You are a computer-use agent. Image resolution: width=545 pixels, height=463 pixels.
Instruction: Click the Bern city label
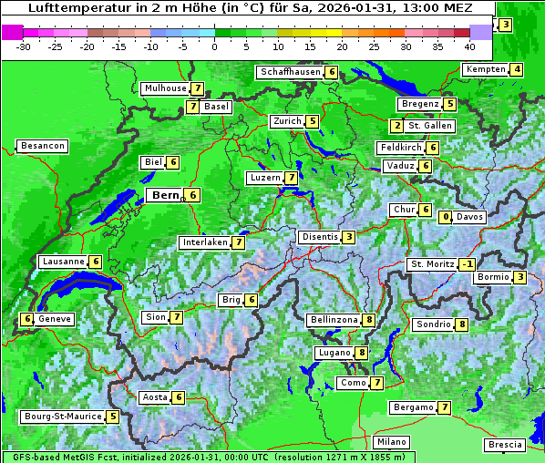coord(165,195)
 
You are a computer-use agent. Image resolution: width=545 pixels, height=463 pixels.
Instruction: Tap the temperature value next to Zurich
coord(313,121)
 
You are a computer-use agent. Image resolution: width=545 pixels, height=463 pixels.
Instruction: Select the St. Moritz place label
coord(430,264)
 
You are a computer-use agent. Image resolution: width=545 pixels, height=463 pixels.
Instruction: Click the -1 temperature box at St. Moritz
coord(468,264)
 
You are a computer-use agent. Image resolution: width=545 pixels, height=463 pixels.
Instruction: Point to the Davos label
coord(469,217)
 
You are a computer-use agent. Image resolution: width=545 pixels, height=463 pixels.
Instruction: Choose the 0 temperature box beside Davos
coord(446,217)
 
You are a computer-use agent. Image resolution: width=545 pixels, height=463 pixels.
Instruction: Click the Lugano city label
coord(334,353)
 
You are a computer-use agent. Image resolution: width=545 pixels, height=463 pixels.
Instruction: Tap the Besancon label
coord(43,146)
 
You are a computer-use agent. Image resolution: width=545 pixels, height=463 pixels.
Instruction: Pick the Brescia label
coord(506,444)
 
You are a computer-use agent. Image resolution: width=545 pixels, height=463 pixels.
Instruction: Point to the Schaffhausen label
coord(290,72)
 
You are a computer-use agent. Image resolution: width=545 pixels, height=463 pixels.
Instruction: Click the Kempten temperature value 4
coord(517,70)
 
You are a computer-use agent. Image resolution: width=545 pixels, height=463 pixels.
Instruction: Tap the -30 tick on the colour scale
coord(25,46)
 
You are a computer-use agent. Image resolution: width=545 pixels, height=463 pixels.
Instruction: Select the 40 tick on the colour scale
coord(469,46)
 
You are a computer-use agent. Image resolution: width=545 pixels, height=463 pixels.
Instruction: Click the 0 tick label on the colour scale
coord(214,46)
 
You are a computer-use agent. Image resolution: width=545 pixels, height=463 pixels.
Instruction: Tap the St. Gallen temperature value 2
coord(396,126)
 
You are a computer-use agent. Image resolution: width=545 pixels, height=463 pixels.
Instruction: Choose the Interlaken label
coord(204,242)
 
